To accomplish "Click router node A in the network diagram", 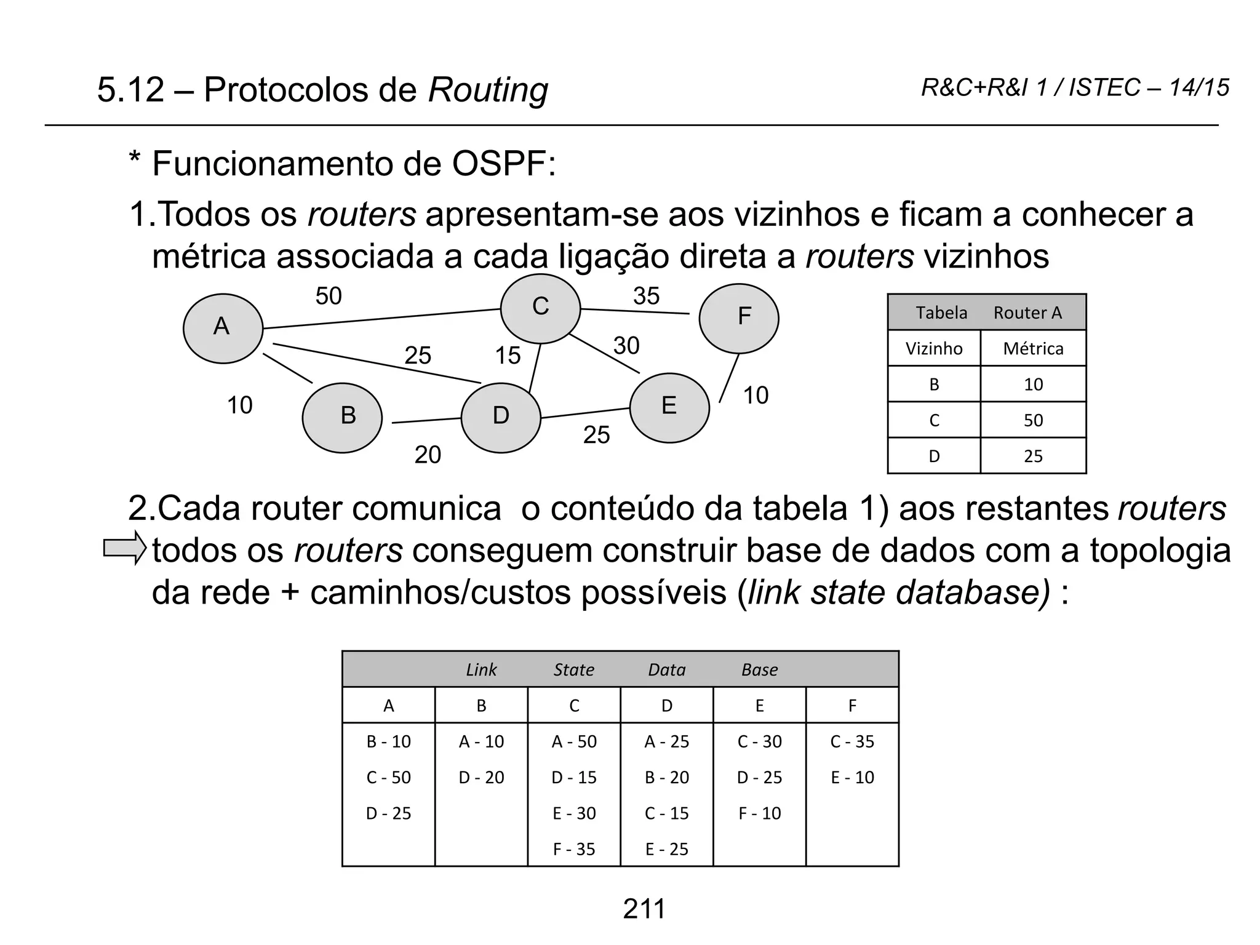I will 223,329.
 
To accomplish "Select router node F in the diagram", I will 739,318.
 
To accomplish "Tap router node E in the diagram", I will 669,407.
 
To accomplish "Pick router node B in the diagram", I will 343,418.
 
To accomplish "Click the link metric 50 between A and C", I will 329,296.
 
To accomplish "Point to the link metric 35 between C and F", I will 647,296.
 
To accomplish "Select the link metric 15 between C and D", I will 508,356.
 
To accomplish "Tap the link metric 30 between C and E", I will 626,345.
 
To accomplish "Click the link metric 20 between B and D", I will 428,455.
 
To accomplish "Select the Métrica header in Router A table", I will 1033,349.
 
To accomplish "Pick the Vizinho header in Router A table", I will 934,349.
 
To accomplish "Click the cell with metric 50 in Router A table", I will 1033,420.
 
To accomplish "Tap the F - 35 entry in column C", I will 574,849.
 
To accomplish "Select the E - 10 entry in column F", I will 852,777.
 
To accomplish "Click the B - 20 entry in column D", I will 667,777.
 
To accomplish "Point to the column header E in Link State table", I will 760,706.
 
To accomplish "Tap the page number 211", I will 644,909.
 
